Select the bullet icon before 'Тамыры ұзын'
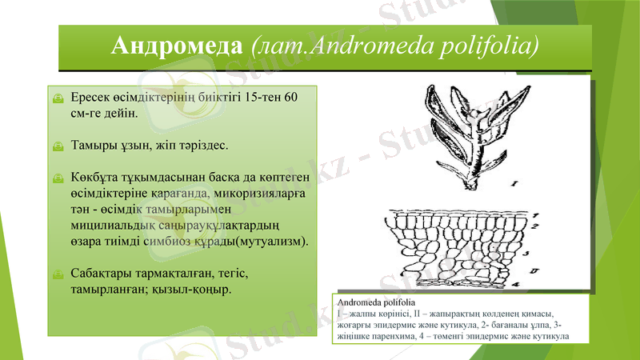click(57, 146)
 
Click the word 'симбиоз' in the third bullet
click(188, 240)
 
